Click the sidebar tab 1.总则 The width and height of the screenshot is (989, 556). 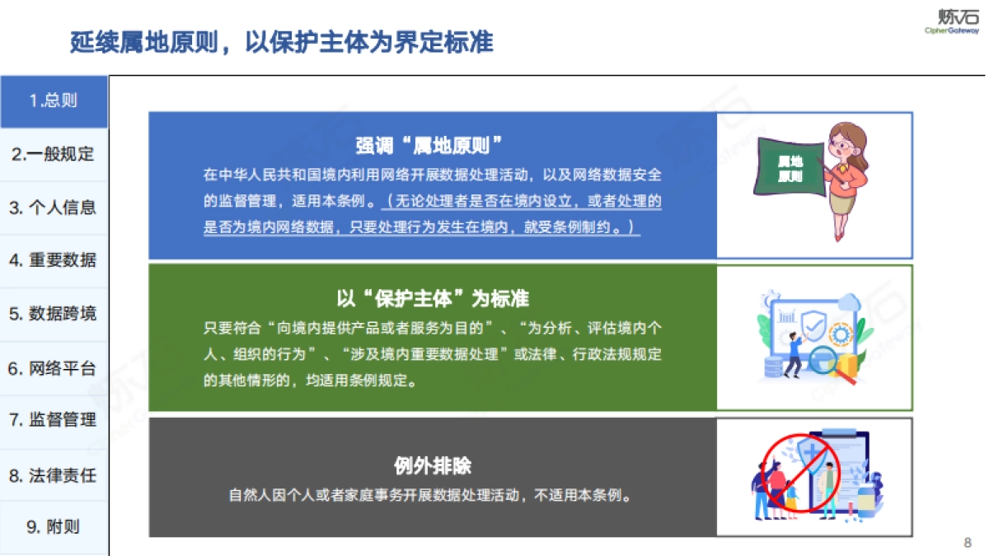tap(54, 101)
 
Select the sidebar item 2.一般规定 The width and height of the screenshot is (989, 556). tap(54, 154)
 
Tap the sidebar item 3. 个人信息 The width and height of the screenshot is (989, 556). tap(54, 208)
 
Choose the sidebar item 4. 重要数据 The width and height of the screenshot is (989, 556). tap(54, 260)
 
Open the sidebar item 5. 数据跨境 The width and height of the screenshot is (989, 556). tap(54, 314)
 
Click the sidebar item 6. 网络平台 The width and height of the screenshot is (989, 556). tap(54, 368)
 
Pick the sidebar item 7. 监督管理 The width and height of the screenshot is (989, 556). tap(54, 420)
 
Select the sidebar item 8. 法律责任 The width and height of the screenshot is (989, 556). tap(54, 475)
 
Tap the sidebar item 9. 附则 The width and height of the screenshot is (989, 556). tap(54, 527)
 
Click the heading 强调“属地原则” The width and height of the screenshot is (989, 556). tap(430, 146)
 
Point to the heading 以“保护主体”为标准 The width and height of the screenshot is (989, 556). tap(433, 297)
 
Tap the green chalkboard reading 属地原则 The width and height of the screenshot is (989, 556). tap(792, 168)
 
